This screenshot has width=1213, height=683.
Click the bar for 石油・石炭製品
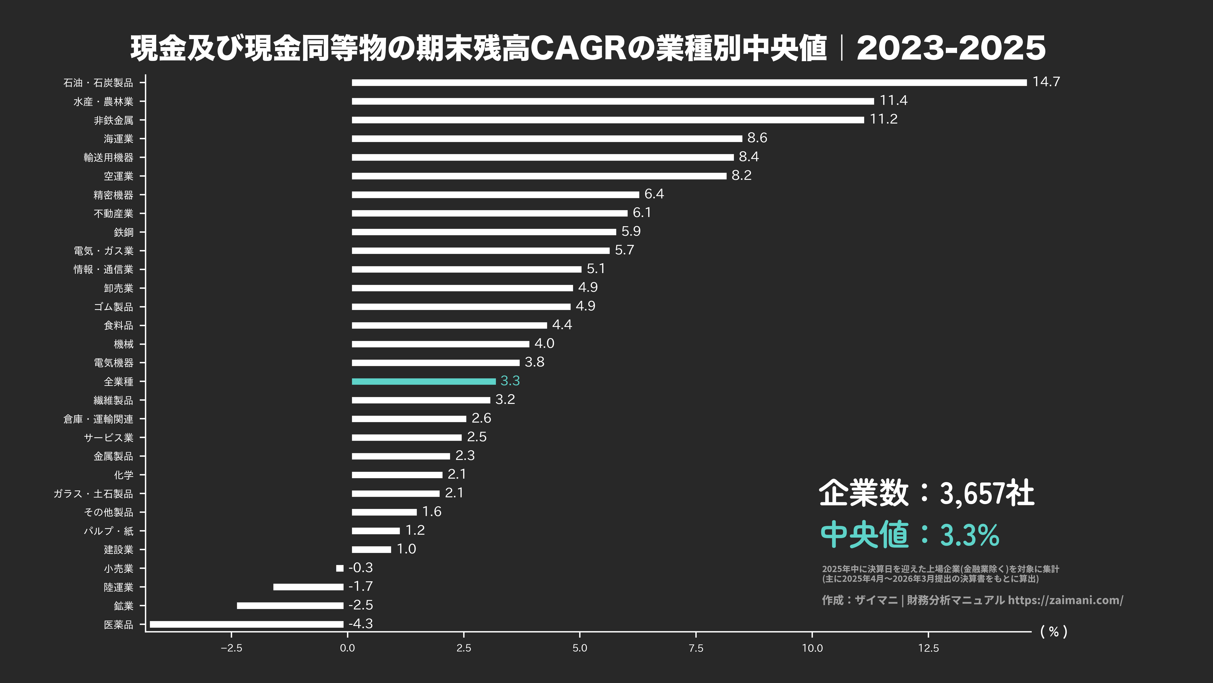click(x=689, y=83)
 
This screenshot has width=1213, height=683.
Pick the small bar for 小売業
click(x=339, y=568)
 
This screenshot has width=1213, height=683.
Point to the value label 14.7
click(x=1046, y=82)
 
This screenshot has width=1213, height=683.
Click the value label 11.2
click(x=883, y=119)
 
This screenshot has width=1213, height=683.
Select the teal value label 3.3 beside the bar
click(x=510, y=381)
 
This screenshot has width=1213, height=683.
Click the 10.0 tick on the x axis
click(x=812, y=648)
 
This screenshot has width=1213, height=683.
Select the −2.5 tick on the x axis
click(x=231, y=648)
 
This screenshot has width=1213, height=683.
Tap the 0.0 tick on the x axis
click(x=347, y=648)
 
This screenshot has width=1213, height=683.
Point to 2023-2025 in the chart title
click(x=951, y=48)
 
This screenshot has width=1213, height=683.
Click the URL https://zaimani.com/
click(x=1065, y=600)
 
